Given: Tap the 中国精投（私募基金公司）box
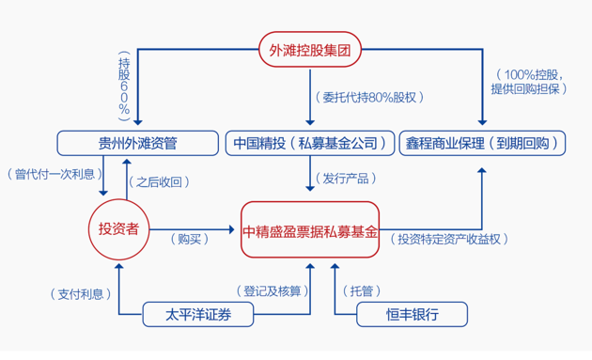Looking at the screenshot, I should click(308, 144).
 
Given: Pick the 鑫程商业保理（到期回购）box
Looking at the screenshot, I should click(482, 144).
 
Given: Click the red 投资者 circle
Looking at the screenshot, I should click(119, 228).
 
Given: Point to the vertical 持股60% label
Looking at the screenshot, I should click(123, 84).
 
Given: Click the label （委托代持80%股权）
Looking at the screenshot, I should click(367, 96).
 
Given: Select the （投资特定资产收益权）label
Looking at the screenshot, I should click(451, 239).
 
